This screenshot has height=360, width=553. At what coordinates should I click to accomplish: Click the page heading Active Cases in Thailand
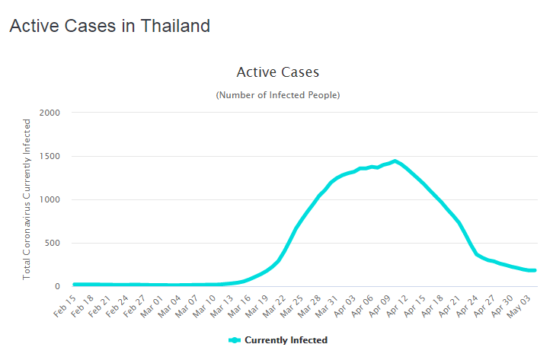[x=109, y=26]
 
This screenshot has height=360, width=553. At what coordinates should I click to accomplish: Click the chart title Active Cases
[x=277, y=72]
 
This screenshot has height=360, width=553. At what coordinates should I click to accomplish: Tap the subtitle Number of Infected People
[x=277, y=95]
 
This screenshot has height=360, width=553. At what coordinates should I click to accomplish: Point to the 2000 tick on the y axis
[x=60, y=113]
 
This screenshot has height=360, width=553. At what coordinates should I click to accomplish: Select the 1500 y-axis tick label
[x=60, y=157]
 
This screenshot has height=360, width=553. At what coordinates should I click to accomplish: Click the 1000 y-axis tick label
[x=60, y=200]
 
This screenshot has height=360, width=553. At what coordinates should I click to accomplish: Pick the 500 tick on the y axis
[x=63, y=244]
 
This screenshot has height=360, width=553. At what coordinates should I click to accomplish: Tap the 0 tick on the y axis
[x=68, y=287]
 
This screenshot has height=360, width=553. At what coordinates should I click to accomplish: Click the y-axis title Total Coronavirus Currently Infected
[x=27, y=199]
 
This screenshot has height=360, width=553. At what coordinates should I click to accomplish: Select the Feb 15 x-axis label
[x=63, y=306]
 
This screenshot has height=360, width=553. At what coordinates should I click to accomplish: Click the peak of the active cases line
[x=395, y=161]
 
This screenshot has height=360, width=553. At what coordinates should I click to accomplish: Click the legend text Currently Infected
[x=286, y=340]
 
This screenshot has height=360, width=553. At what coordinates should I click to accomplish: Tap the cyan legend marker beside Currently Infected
[x=235, y=340]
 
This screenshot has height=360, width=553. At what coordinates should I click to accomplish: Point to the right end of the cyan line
[x=534, y=270]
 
